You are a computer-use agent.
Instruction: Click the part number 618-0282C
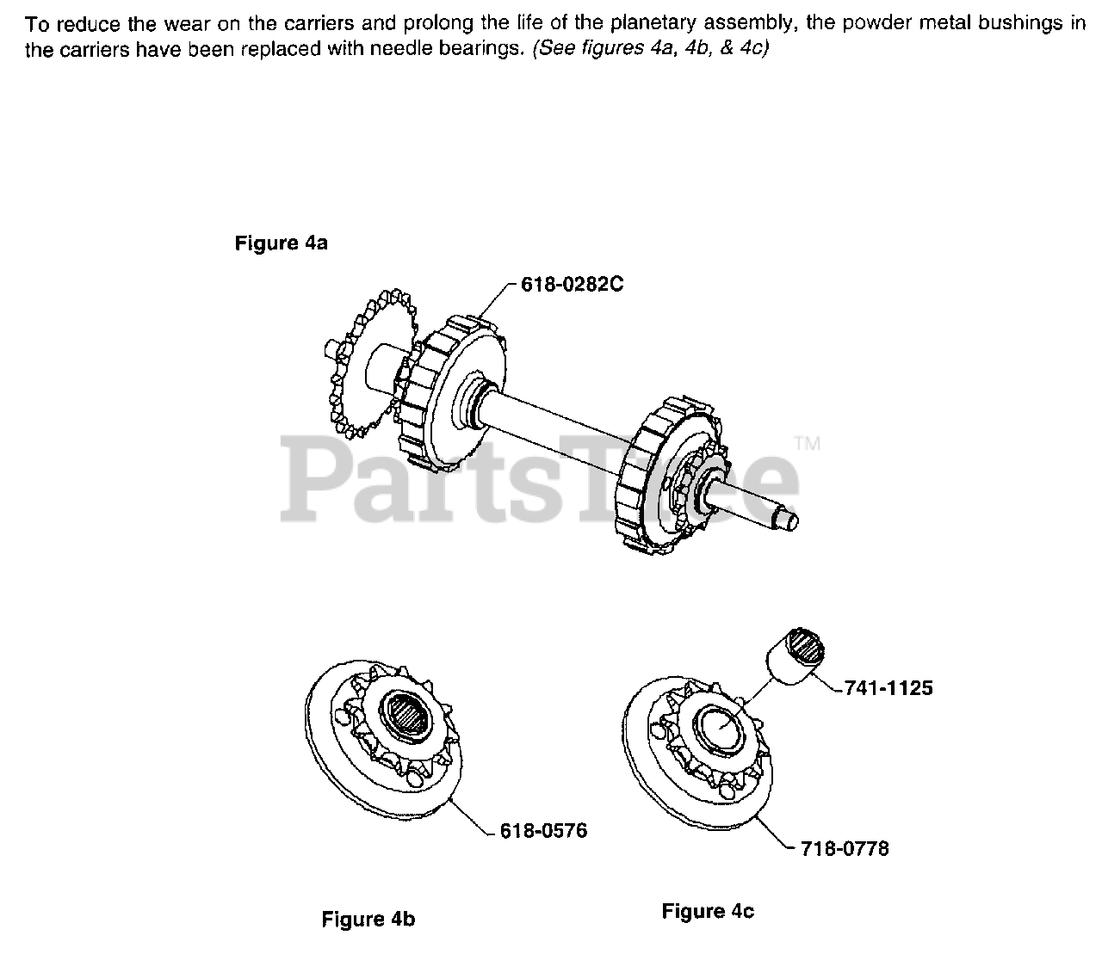coord(571,285)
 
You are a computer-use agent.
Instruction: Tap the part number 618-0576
coord(543,831)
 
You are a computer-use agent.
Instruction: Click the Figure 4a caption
coord(281,243)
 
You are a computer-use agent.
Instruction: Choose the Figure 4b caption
coord(368,920)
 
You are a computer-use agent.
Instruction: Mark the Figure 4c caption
coord(708,911)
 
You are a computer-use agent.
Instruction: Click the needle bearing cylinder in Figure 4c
coord(796,655)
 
